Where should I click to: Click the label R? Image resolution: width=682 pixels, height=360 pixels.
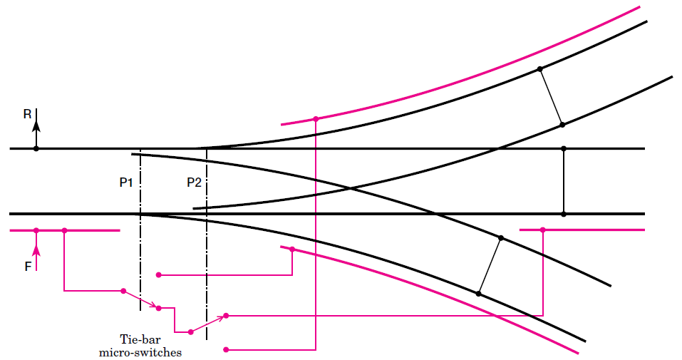click(27, 114)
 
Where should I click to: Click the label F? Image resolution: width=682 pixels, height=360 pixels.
click(28, 267)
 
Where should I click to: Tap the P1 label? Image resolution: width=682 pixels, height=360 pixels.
click(126, 182)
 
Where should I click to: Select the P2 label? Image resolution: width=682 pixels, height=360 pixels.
click(194, 182)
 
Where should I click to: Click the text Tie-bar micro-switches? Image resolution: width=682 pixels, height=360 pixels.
click(140, 346)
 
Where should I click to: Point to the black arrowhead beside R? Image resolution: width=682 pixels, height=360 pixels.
click(36, 125)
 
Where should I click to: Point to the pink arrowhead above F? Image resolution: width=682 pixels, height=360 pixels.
click(36, 250)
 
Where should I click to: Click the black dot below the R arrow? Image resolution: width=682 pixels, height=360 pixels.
click(36, 149)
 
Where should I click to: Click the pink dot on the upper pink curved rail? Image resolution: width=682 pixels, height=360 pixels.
click(316, 119)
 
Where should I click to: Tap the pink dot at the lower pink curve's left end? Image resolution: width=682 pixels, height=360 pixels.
click(292, 250)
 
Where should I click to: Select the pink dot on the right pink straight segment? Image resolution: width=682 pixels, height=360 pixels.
click(543, 230)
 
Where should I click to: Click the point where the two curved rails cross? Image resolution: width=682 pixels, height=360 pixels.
click(351, 188)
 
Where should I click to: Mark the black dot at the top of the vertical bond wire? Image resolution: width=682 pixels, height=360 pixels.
click(564, 149)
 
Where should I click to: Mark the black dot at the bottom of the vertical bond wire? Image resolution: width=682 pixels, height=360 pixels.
click(564, 214)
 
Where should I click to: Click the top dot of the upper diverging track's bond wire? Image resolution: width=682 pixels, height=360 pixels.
click(539, 69)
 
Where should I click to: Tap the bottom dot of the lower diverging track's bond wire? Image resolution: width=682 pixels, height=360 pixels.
click(478, 294)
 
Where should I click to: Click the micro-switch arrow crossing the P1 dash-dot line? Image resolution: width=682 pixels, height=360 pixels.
click(140, 299)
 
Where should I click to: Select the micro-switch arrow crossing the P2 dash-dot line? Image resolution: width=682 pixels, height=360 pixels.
click(208, 324)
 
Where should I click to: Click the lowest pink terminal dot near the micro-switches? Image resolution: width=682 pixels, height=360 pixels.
click(226, 349)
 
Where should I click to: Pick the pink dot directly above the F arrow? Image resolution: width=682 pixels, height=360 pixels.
click(36, 230)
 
